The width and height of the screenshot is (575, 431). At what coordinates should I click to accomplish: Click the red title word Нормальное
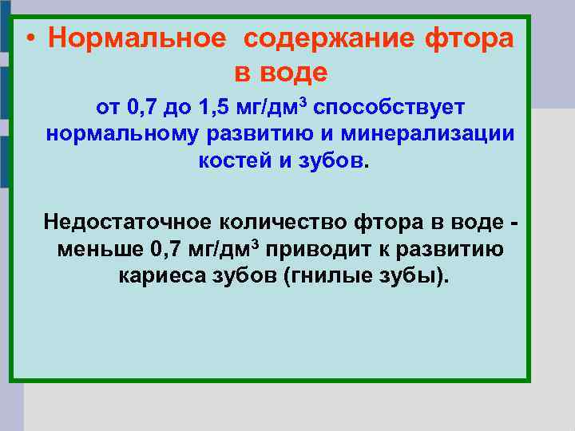pos(136,38)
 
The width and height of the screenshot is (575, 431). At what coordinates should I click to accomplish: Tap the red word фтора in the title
pos(472,38)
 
